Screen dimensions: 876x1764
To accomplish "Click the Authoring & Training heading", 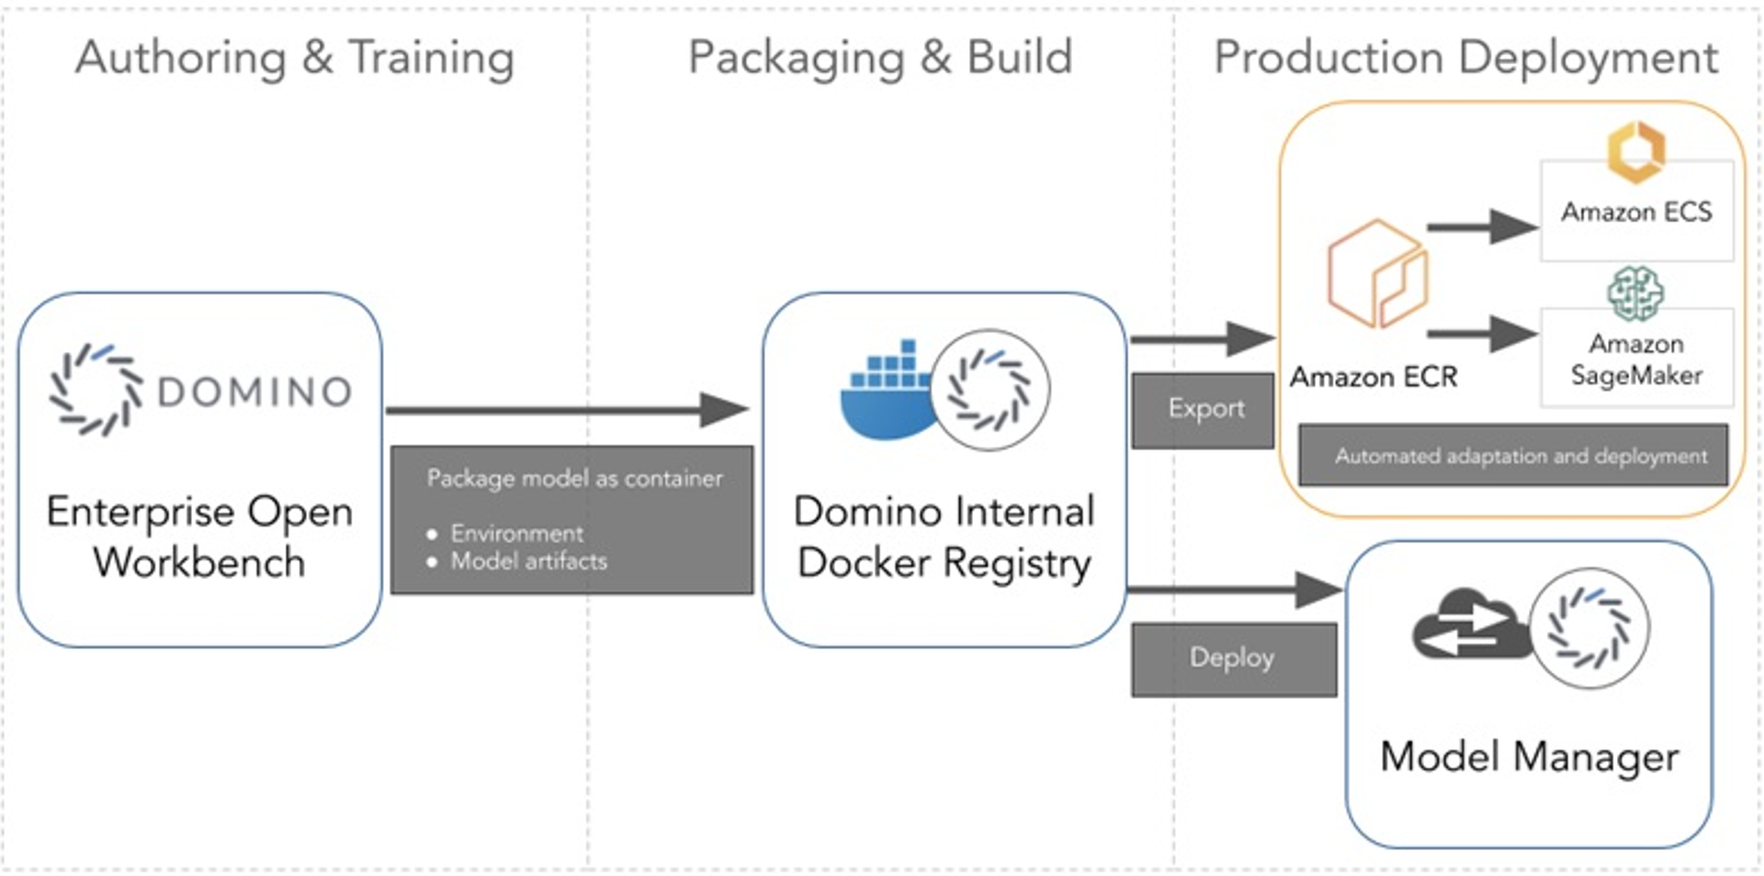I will click(294, 58).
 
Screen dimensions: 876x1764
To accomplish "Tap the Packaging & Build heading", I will click(880, 58).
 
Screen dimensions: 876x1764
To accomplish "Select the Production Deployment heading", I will click(1465, 58).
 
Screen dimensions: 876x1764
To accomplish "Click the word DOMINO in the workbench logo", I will click(254, 392).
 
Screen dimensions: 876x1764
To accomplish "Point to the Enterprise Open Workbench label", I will click(199, 537).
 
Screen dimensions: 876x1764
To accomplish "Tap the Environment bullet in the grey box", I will click(516, 533).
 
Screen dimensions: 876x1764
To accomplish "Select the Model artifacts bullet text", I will click(528, 561).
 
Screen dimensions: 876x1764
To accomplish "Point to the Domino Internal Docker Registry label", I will click(944, 537).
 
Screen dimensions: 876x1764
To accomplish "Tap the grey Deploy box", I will click(1233, 658).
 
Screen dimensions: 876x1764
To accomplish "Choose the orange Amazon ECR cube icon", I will click(1376, 274).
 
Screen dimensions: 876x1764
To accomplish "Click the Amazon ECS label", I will click(1636, 212).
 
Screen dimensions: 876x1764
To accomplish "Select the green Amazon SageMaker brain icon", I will click(1635, 293).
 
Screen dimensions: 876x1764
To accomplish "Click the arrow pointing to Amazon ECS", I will click(1481, 226).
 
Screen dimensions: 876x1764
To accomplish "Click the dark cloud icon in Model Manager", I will click(1468, 627).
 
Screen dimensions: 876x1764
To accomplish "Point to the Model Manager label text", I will click(1529, 757).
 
